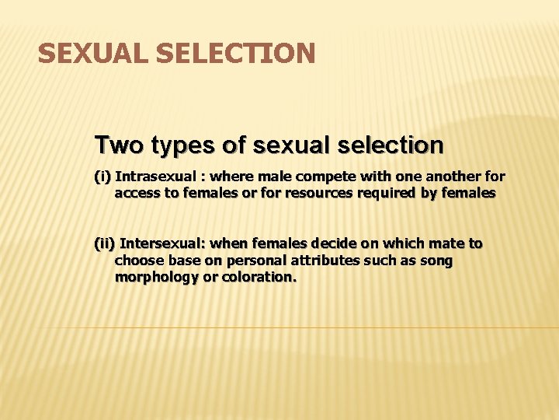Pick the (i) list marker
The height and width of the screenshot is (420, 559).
[x=102, y=177]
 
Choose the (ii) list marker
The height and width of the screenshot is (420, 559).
[x=105, y=243]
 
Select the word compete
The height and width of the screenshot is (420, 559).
[x=314, y=177]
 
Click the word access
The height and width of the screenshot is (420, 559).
[x=137, y=194]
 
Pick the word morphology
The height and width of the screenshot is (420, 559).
[x=156, y=278]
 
